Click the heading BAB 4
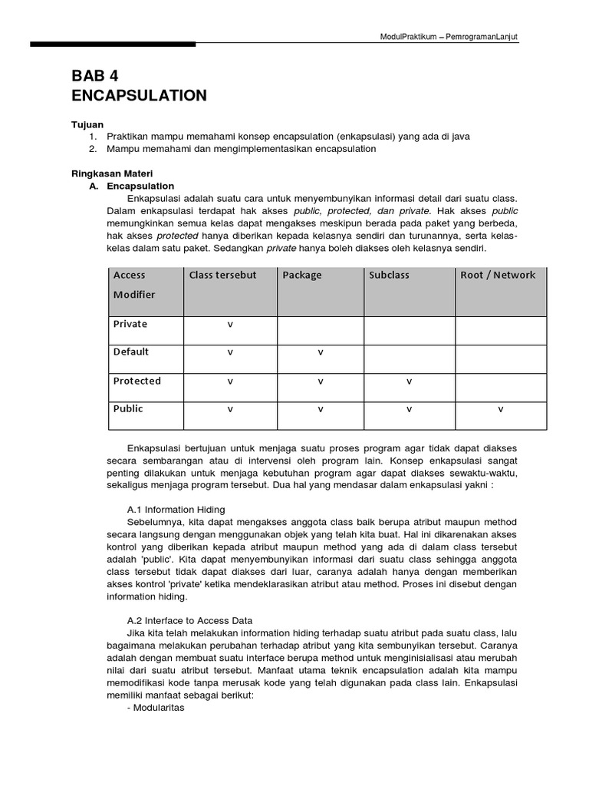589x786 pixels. pos(95,75)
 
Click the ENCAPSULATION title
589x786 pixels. pos(139,95)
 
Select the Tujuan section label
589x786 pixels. pos(87,124)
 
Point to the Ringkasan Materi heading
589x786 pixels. pos(112,174)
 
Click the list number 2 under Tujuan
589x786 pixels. pos(92,149)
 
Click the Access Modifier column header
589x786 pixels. pos(134,285)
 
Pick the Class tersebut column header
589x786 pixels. pos(223,275)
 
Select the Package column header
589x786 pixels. pos(302,275)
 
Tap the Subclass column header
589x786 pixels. pos(390,275)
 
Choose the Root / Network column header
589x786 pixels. pos(498,275)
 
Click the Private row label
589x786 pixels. pos(130,324)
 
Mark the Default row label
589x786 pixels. pos(131,352)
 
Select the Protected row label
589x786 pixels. pos(137,381)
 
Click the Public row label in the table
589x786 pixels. pos(128,409)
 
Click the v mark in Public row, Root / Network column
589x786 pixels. pos(500,409)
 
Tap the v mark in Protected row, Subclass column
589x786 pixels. pos(409,381)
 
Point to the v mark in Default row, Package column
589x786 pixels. pos(320,352)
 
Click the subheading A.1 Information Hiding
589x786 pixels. pos(176,509)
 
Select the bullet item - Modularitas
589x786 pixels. pos(156,708)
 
